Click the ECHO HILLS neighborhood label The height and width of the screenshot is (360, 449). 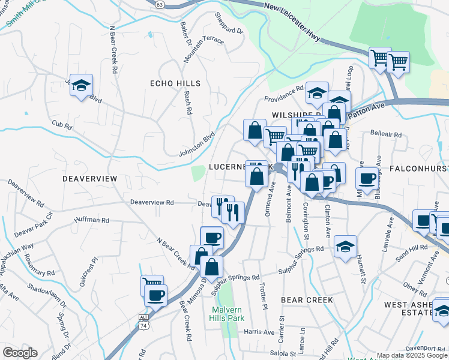175,83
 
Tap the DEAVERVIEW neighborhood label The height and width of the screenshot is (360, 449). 89,179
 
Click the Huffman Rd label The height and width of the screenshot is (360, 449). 92,221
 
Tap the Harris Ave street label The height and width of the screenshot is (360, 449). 259,331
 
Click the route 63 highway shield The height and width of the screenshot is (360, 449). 158,4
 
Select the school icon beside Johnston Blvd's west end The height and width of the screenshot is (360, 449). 81,86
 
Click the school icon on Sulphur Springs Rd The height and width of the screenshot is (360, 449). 345,246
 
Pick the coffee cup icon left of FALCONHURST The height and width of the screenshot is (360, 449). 367,178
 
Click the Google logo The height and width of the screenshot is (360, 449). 20,353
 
